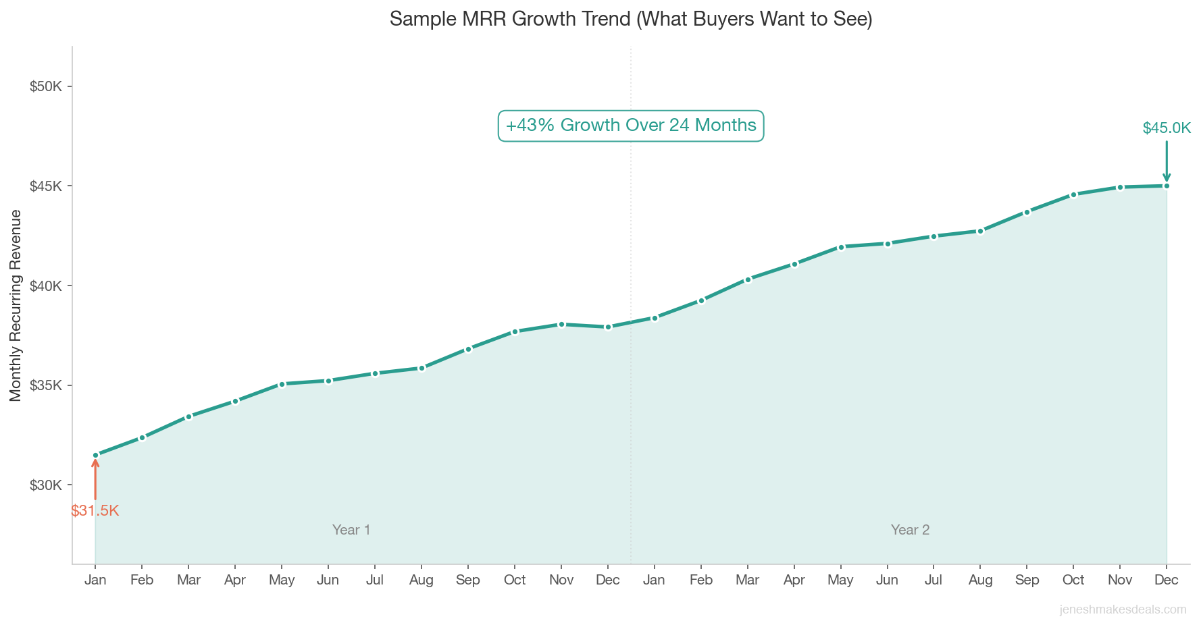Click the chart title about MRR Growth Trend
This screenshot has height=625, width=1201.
[631, 19]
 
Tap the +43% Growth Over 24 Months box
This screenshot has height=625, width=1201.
[631, 126]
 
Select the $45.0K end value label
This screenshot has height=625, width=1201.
[1167, 128]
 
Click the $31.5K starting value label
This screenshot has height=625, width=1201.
[95, 511]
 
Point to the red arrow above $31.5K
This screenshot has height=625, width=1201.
[95, 479]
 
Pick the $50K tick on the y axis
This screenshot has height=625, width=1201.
[46, 86]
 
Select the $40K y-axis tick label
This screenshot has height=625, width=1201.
[46, 286]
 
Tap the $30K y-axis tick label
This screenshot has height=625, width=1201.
[46, 485]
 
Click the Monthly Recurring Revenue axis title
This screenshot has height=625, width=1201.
[16, 305]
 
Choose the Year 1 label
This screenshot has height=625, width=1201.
[351, 530]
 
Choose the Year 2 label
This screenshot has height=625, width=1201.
[910, 530]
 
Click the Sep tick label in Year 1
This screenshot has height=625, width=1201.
[468, 580]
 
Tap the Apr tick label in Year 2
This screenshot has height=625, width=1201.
[794, 580]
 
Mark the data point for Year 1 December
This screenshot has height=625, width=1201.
[608, 327]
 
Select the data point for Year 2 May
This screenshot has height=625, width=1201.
[841, 247]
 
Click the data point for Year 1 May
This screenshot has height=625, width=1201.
[282, 384]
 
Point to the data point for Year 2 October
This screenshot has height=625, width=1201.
[1073, 194]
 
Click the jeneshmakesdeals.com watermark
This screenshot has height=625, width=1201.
[1123, 609]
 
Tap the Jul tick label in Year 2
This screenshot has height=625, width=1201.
[934, 580]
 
